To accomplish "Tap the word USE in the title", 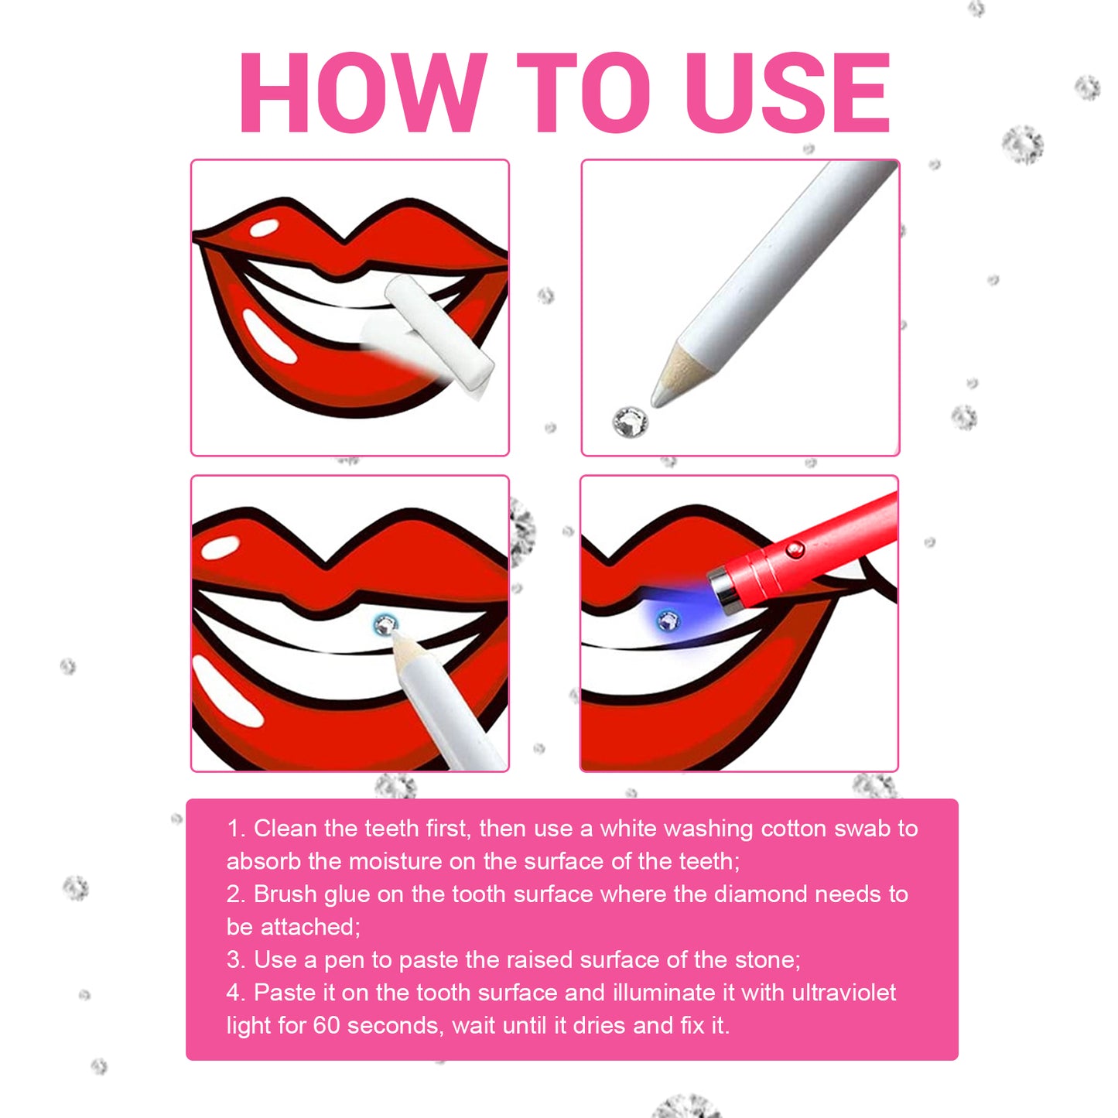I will pyautogui.click(x=787, y=94).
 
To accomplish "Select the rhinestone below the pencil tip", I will pyautogui.click(x=630, y=422).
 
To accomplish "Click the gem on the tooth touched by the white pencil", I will pyautogui.click(x=384, y=624).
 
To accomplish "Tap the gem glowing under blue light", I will pyautogui.click(x=667, y=620).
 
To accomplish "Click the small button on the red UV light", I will pyautogui.click(x=795, y=550).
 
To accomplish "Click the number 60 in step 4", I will pyautogui.click(x=326, y=1026).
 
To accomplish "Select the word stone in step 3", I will pyautogui.click(x=765, y=960).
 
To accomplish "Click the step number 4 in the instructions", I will pyautogui.click(x=234, y=993).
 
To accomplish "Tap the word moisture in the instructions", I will pyautogui.click(x=395, y=862).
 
